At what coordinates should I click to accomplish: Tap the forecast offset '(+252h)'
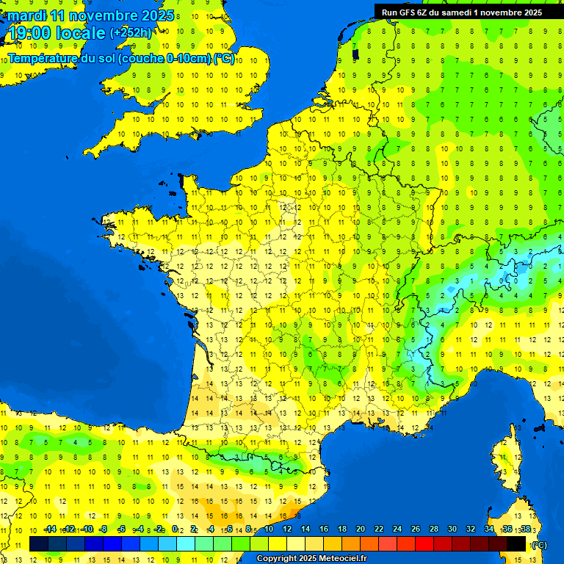pyautogui.click(x=131, y=33)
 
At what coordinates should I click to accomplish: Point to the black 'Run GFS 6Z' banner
pyautogui.click(x=462, y=12)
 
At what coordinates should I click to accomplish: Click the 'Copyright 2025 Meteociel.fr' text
pyautogui.click(x=311, y=558)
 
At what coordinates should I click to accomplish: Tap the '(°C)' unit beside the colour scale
pyautogui.click(x=538, y=544)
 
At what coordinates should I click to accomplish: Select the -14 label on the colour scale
pyautogui.click(x=50, y=529)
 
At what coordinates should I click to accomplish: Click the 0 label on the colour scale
pyautogui.click(x=175, y=529)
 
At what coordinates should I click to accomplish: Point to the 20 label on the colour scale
pyautogui.click(x=361, y=529)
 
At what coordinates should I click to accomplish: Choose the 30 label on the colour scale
pyautogui.click(x=452, y=529)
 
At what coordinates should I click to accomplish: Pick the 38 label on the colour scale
pyautogui.click(x=526, y=529)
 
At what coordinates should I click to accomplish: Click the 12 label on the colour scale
pyautogui.click(x=286, y=529)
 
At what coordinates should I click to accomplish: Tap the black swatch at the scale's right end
pyautogui.click(x=516, y=543)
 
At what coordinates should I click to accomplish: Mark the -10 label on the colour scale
pyautogui.click(x=87, y=529)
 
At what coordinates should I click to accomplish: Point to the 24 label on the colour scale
pyautogui.click(x=397, y=529)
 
